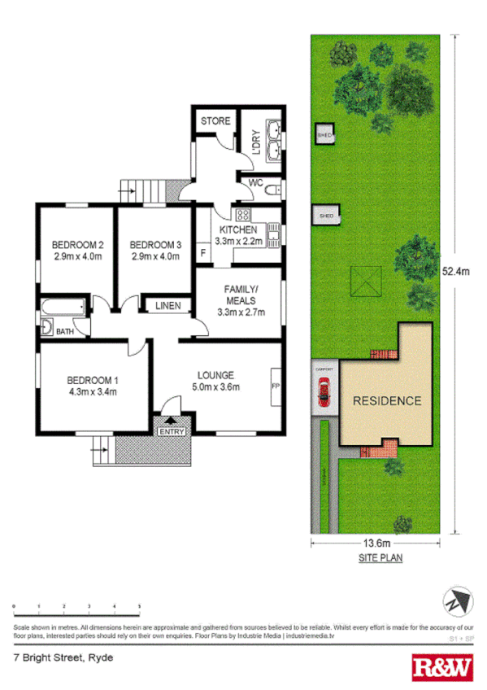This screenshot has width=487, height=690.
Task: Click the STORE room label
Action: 215,121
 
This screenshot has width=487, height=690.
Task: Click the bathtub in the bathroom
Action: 63,308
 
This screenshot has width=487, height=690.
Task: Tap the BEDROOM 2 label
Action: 77,245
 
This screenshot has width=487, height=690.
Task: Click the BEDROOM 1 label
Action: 93,380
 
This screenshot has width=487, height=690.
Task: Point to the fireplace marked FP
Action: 274,386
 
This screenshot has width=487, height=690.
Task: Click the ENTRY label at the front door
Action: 174,431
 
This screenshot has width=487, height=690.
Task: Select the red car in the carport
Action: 324,395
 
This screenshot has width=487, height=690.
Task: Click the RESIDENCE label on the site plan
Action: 386,400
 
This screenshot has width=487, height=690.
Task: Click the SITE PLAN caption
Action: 380,558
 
